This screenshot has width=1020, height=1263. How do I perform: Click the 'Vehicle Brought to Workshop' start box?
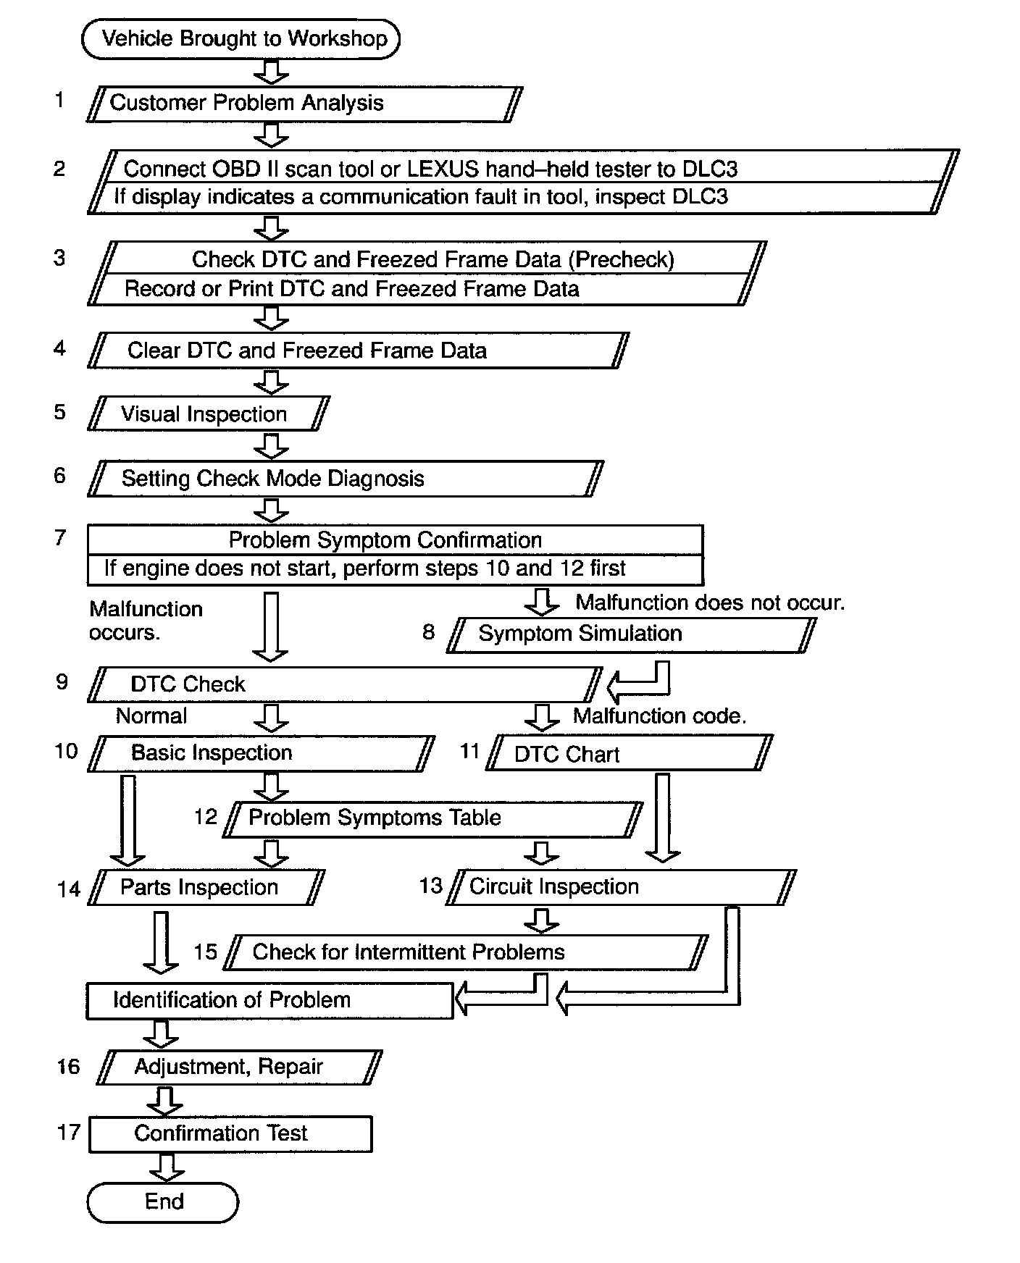241,39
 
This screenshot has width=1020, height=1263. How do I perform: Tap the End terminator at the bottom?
163,1202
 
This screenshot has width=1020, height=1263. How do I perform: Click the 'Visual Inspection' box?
209,414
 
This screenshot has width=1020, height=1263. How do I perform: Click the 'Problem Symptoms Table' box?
432,818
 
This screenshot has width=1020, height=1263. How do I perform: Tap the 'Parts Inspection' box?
206,887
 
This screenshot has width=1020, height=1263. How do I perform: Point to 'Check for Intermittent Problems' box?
466,952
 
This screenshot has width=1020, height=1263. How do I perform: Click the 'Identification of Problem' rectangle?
269,1001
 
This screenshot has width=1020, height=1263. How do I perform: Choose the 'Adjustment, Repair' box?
239,1067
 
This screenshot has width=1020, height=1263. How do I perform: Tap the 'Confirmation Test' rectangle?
230,1134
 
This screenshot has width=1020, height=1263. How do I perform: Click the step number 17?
69,1132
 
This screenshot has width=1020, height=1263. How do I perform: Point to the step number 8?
428,632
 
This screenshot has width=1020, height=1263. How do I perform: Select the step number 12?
206,818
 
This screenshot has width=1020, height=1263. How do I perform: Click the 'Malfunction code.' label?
659,716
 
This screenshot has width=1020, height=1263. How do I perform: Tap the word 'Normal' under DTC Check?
151,716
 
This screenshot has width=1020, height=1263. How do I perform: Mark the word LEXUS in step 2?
443,169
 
